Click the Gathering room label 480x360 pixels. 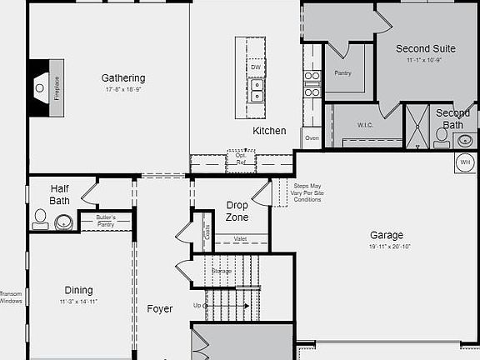[123, 78]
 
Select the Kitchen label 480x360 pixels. [269, 131]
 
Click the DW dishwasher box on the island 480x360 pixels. [256, 67]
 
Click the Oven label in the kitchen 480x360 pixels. [312, 137]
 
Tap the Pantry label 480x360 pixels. [342, 73]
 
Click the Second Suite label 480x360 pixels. [425, 49]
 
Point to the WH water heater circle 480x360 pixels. [465, 162]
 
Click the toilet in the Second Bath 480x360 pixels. [442, 135]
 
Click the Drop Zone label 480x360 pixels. [237, 211]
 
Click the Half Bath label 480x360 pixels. [59, 194]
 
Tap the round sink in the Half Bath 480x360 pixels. [63, 222]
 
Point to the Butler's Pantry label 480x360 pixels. [106, 221]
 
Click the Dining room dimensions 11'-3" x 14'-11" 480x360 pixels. [79, 302]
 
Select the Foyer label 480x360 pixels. [160, 309]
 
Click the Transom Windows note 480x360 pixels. [11, 297]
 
